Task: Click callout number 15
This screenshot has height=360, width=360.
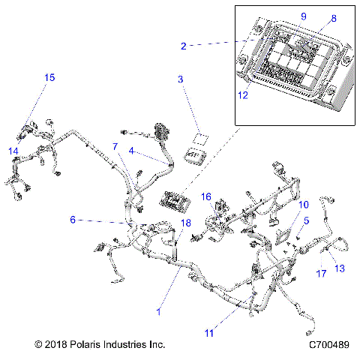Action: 49,77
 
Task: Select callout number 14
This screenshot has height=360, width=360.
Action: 13,151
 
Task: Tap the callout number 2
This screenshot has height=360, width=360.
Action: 184,46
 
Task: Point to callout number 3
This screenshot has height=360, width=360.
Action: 180,79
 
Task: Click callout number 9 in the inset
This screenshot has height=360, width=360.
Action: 283,16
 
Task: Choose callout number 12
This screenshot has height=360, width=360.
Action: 242,95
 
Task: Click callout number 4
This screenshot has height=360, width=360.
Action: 132,151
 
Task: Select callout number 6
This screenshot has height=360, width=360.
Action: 73,220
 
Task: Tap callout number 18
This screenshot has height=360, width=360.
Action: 185,223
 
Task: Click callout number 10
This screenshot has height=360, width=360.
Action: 303,204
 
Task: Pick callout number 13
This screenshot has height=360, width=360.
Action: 338,268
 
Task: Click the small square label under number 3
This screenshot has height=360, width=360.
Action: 200,137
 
